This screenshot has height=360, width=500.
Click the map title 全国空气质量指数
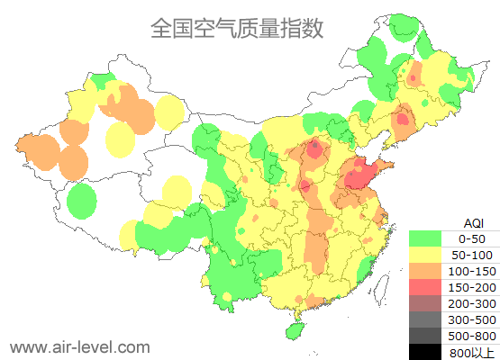(x=237, y=28)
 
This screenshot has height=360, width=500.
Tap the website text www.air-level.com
(x=79, y=346)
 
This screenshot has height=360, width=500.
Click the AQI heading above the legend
(x=472, y=222)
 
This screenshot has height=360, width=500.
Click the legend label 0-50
(x=472, y=238)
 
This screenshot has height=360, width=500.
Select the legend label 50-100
(x=472, y=255)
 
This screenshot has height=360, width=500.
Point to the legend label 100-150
(x=472, y=271)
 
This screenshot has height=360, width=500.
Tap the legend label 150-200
(x=472, y=287)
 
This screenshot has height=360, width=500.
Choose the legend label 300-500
(x=472, y=319)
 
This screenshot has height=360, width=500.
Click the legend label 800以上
(x=472, y=352)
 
